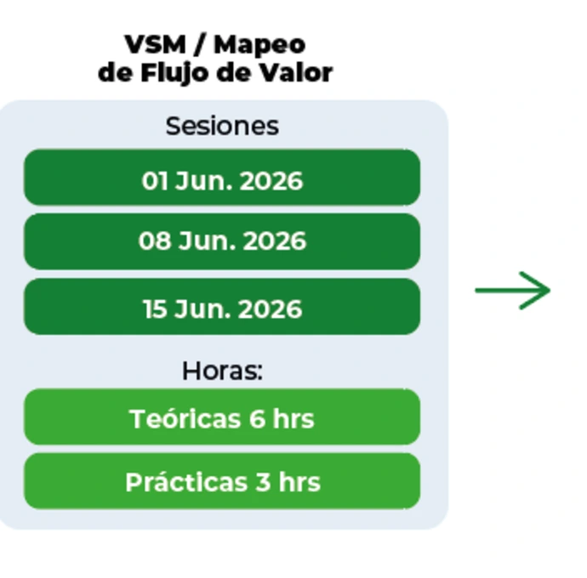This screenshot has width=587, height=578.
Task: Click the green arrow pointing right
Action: (x=513, y=291)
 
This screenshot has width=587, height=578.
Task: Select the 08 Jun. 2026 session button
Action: (x=222, y=241)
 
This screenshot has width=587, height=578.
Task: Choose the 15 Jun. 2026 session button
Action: (x=222, y=307)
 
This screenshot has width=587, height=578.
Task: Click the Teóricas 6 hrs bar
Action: (x=222, y=417)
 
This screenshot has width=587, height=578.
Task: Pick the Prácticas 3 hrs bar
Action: (x=222, y=481)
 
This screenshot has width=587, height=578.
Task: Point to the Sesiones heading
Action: (x=222, y=126)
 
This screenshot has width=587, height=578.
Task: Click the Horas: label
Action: (x=222, y=371)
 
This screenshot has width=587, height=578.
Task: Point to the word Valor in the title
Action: (x=299, y=72)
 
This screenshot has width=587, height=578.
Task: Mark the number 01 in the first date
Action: (x=154, y=181)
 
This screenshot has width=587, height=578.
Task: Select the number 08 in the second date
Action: (x=154, y=241)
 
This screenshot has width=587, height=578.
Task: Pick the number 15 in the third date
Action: (x=155, y=309)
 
